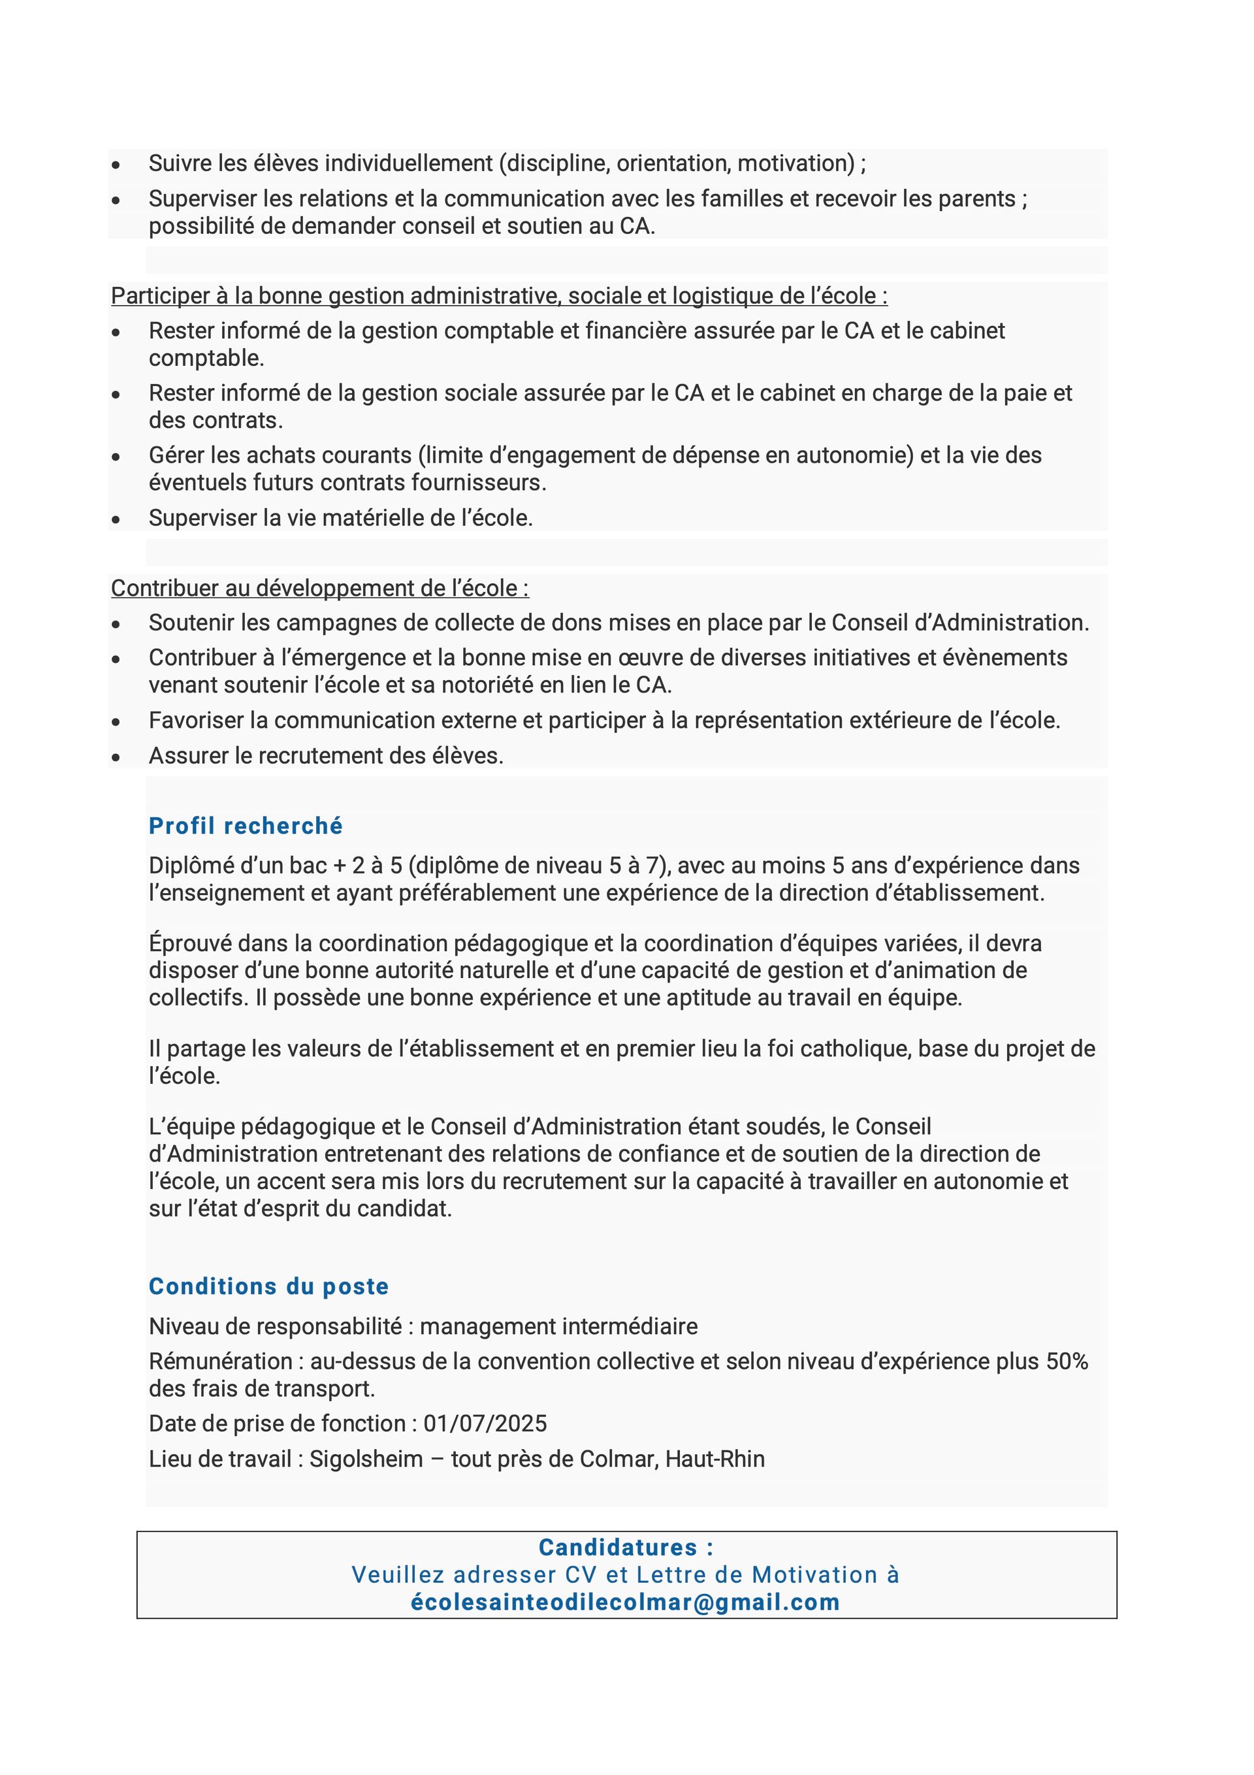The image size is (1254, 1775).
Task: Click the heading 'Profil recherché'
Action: pos(245,826)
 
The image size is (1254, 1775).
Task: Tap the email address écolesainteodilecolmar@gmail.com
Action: pos(624,1602)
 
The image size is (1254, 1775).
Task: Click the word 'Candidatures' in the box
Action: pos(618,1547)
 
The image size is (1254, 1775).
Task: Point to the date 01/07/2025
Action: pos(485,1424)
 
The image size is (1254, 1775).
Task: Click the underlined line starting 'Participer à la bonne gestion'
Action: pos(499,295)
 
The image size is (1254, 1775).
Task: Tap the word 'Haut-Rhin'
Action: pos(715,1459)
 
